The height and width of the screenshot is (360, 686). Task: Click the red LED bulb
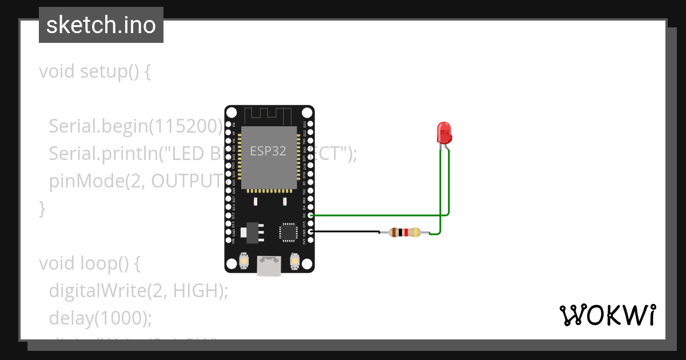click(444, 133)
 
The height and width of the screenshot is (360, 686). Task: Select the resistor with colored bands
click(404, 232)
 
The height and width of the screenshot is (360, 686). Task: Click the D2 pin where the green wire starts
click(310, 215)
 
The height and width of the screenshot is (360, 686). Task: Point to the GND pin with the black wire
click(310, 231)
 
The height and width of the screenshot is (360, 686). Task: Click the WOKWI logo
click(607, 315)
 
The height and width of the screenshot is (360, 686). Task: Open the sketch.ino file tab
click(101, 25)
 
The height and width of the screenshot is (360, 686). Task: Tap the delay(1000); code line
click(100, 317)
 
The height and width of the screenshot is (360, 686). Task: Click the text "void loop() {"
click(90, 263)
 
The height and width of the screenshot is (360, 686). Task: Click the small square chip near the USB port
click(288, 231)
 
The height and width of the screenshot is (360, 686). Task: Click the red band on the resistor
click(406, 232)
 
